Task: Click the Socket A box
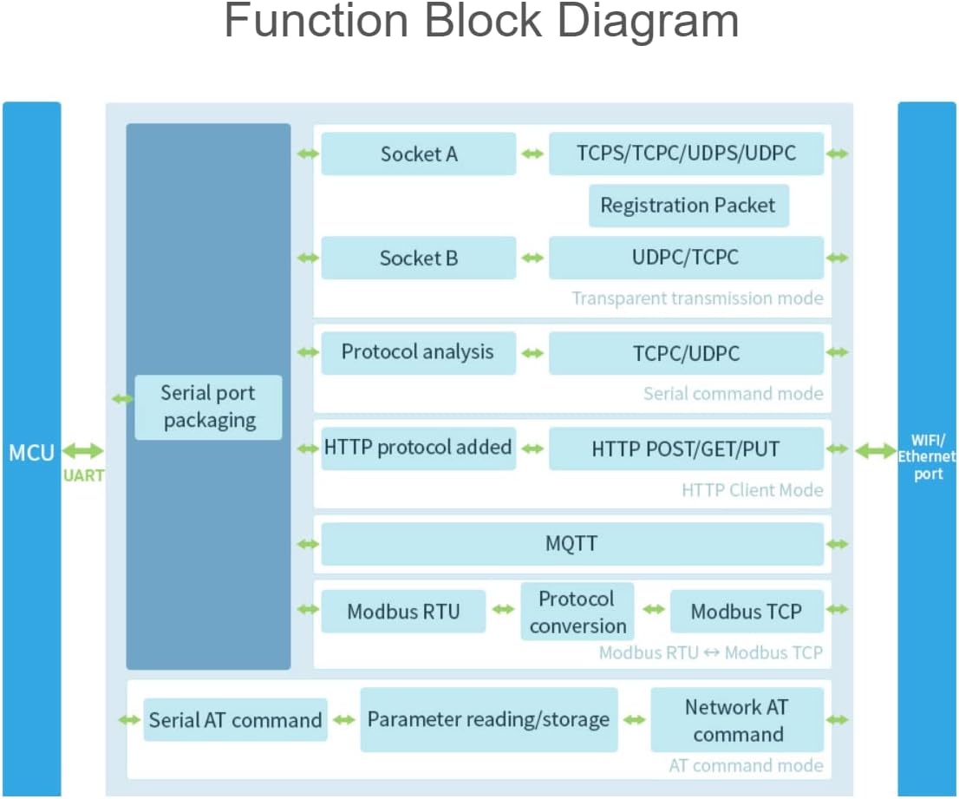click(418, 154)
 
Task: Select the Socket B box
click(418, 258)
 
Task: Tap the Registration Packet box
click(688, 206)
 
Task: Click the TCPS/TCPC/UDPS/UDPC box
click(686, 154)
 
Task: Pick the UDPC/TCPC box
click(686, 258)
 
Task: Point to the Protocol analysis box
click(418, 352)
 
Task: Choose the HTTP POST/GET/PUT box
click(686, 449)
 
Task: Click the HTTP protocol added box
click(418, 449)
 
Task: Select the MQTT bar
click(572, 544)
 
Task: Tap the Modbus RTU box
click(403, 611)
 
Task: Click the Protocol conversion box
click(577, 612)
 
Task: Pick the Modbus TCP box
click(746, 611)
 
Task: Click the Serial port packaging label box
click(208, 407)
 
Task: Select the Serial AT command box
click(235, 720)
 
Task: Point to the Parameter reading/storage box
click(488, 720)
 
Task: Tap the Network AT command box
click(737, 720)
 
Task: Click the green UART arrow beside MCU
click(83, 451)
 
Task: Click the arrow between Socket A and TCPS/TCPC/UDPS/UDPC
click(532, 154)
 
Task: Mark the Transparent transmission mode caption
click(697, 298)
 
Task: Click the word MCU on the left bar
click(32, 452)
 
